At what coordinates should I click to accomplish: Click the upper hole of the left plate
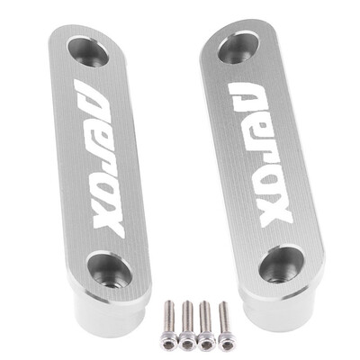tap(88, 52)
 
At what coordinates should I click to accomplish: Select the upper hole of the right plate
tap(238, 48)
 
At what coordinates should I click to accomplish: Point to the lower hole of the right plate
tap(282, 264)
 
